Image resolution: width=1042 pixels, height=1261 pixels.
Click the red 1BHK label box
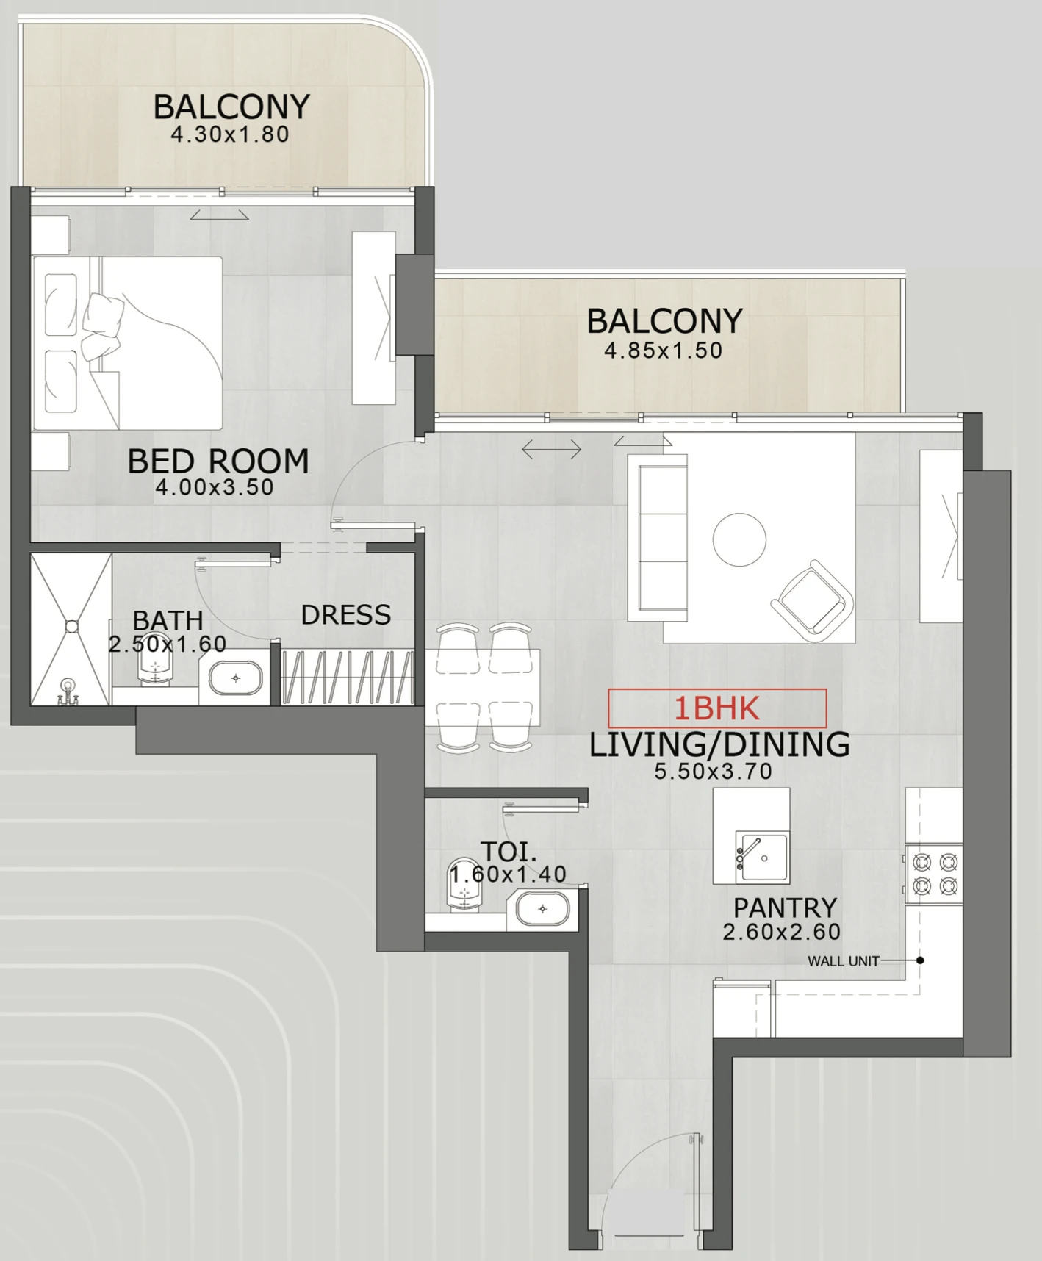[x=717, y=708]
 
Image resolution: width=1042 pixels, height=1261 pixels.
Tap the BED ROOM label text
[x=218, y=461]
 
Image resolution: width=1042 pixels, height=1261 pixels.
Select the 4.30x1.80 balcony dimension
[x=230, y=134]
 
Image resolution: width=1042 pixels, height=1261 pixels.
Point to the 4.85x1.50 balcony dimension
[x=664, y=351]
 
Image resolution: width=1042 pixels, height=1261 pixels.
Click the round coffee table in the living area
[x=739, y=539]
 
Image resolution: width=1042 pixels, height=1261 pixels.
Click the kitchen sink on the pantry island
[x=762, y=858]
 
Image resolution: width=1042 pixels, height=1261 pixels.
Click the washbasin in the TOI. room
[x=542, y=909]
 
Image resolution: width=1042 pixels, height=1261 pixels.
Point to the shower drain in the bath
[x=71, y=626]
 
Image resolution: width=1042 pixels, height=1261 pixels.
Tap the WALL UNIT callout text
[x=843, y=961]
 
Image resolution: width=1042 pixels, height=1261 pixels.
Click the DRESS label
[x=346, y=615]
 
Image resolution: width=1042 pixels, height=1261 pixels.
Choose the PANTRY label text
[x=785, y=908]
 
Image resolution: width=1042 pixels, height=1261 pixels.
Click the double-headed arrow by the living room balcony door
[x=551, y=449]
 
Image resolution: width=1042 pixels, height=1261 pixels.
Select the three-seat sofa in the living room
[x=658, y=537]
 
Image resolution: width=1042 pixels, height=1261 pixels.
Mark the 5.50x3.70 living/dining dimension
[x=714, y=772]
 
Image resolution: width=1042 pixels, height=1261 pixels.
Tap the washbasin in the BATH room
[x=235, y=678]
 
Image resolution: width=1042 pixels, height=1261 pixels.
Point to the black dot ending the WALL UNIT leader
[x=920, y=960]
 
